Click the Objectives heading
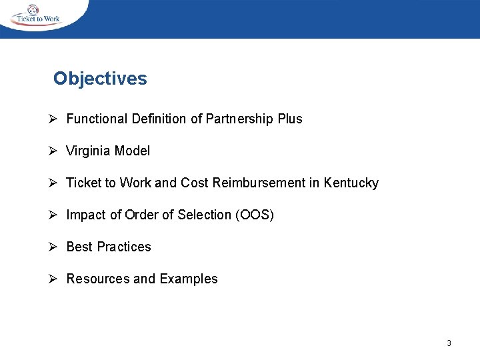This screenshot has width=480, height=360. (x=100, y=79)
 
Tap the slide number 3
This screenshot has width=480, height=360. (x=449, y=343)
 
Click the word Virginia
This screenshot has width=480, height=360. (x=89, y=151)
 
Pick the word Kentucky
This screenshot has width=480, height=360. (x=351, y=183)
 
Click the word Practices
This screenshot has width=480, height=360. (x=124, y=247)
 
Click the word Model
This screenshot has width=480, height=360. (x=132, y=151)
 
